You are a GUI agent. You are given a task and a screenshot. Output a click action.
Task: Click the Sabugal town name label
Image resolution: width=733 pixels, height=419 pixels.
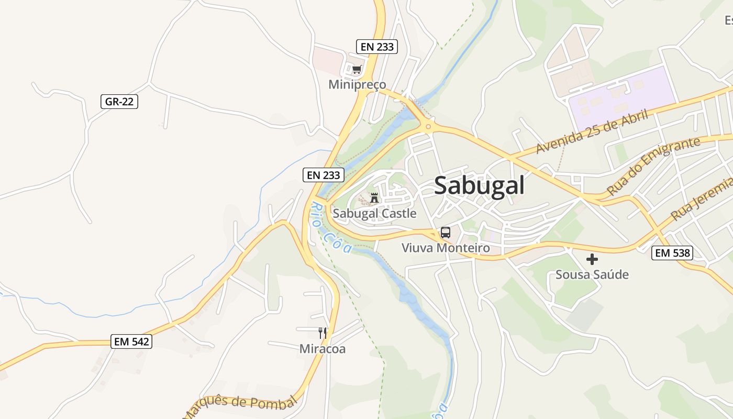(x=479, y=185)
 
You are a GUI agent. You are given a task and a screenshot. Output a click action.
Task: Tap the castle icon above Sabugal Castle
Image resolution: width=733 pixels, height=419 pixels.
(x=374, y=198)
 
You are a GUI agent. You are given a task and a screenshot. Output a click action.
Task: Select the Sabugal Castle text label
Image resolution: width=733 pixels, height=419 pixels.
(x=375, y=213)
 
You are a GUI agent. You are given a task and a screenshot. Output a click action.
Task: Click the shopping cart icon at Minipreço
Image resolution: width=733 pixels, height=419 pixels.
(x=357, y=70)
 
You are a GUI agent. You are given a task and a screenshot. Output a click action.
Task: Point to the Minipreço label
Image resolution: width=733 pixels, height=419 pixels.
(x=357, y=84)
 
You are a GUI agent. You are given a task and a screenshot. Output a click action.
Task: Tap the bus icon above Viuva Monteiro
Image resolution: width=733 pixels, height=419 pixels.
(x=446, y=233)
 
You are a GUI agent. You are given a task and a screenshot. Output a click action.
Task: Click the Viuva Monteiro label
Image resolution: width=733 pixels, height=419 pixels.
(x=446, y=248)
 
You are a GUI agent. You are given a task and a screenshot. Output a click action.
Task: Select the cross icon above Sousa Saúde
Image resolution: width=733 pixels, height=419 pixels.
(x=592, y=259)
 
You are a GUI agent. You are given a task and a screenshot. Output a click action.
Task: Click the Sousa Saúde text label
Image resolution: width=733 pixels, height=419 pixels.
(x=592, y=274)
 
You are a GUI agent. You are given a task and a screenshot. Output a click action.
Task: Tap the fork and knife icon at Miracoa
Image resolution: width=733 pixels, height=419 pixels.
(x=323, y=333)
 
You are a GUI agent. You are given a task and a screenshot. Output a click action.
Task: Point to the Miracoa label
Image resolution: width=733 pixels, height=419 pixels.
(x=323, y=349)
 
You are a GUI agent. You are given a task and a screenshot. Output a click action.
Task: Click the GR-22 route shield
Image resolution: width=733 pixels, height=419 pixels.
(x=119, y=102)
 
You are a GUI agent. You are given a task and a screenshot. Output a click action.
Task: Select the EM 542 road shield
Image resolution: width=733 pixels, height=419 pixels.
(x=132, y=342)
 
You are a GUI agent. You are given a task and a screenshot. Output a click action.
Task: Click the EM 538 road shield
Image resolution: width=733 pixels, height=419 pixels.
(x=673, y=253)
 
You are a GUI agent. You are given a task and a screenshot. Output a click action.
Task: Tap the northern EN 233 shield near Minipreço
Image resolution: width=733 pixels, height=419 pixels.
(x=377, y=47)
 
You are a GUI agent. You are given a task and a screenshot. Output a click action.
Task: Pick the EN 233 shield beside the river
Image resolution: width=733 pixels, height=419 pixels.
(x=324, y=175)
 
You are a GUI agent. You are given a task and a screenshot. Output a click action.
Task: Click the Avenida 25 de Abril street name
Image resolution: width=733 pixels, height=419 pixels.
(x=592, y=132)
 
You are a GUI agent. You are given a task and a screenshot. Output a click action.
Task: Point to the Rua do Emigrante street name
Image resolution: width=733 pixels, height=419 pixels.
(x=653, y=166)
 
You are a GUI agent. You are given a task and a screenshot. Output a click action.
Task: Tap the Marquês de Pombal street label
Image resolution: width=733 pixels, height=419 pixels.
(x=241, y=406)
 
